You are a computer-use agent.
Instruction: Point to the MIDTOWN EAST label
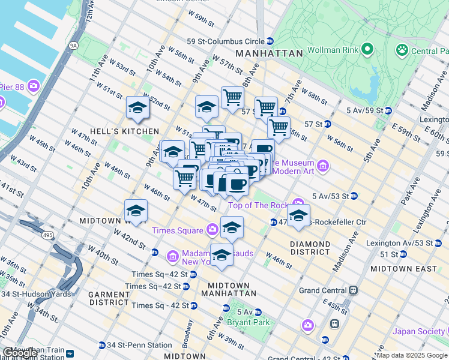[403, 269]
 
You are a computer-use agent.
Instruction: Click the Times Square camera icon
[212, 230]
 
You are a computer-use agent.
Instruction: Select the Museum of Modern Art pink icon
[323, 165]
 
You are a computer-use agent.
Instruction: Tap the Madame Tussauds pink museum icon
[173, 257]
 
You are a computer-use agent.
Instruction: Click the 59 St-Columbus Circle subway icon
[270, 41]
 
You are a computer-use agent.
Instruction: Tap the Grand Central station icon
[354, 290]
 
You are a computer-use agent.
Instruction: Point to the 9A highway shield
[73, 45]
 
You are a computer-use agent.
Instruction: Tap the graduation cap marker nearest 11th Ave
[137, 109]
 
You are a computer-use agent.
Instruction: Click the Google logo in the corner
[19, 353]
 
